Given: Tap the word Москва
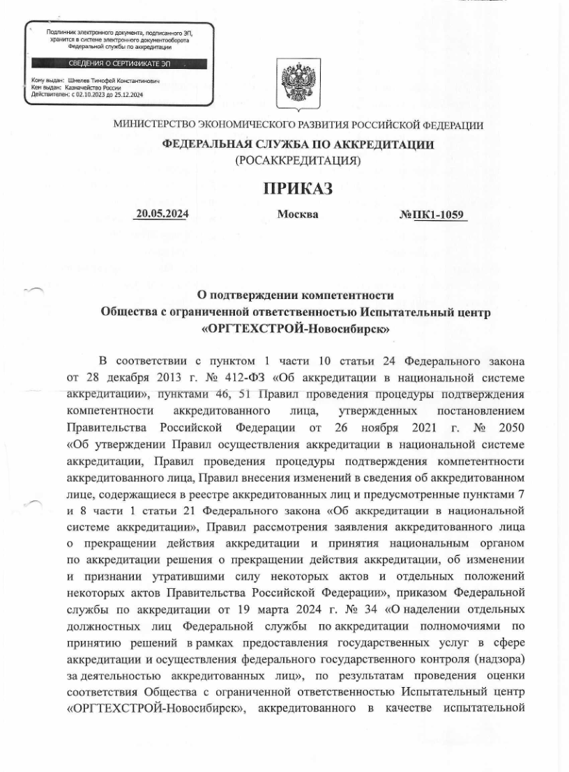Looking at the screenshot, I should [x=298, y=214].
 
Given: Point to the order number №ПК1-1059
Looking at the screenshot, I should [x=432, y=214].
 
